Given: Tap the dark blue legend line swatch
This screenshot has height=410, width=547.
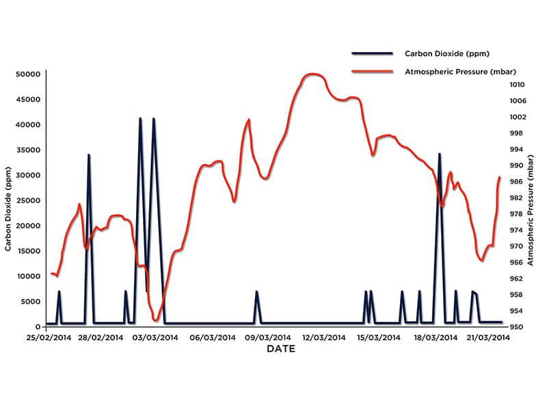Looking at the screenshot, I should click(x=372, y=53).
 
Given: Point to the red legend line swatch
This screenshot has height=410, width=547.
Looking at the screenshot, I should click(x=372, y=71).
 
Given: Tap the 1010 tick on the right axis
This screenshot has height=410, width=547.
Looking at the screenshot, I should click(x=516, y=85).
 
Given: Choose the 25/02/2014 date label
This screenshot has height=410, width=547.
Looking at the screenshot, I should click(x=49, y=338).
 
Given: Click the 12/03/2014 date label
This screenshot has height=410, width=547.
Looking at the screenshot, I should click(x=323, y=338).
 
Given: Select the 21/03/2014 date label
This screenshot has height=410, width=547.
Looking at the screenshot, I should click(x=488, y=338).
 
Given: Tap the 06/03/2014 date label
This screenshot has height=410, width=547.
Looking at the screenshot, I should click(x=213, y=338).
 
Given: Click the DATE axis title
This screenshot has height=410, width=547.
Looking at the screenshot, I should click(x=281, y=349).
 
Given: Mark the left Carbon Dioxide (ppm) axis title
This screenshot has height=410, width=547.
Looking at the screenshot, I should click(x=9, y=207).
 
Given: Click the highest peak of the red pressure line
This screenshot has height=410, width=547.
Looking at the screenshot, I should click(x=313, y=74).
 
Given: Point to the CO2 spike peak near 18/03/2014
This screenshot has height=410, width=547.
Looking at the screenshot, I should click(x=440, y=154).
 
